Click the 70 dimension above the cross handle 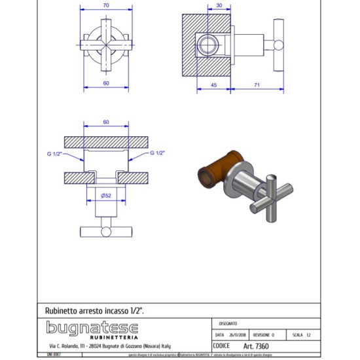click(x=105, y=5)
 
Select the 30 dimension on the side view click(x=218, y=5)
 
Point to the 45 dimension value click(x=213, y=84)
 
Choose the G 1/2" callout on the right click(x=157, y=153)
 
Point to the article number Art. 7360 click(x=256, y=346)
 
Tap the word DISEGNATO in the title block click(x=228, y=323)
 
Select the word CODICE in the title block click(x=223, y=346)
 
